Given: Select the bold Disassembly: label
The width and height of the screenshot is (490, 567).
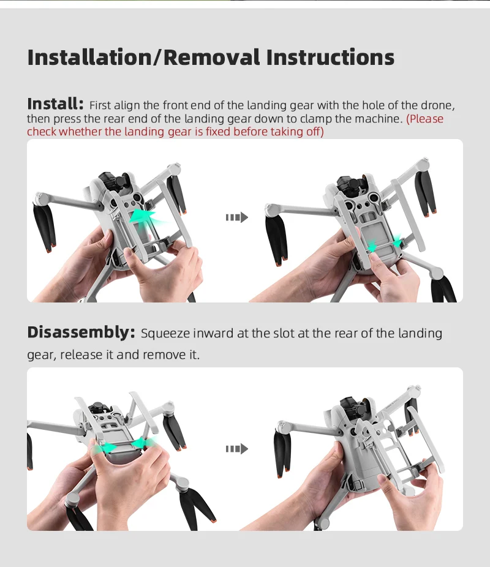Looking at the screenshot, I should (x=81, y=332).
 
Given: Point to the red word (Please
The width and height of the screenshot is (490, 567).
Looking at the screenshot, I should (x=425, y=119).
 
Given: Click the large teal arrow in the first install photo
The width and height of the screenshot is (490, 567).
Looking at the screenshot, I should (x=148, y=217).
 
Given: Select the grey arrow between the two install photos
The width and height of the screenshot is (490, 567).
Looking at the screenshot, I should (x=236, y=217).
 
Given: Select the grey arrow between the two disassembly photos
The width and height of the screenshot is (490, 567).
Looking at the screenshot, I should (x=236, y=449).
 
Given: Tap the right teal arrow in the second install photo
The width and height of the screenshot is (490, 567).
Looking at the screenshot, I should (x=398, y=242).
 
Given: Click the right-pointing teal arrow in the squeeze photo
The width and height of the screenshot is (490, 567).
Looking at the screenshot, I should (x=106, y=448).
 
